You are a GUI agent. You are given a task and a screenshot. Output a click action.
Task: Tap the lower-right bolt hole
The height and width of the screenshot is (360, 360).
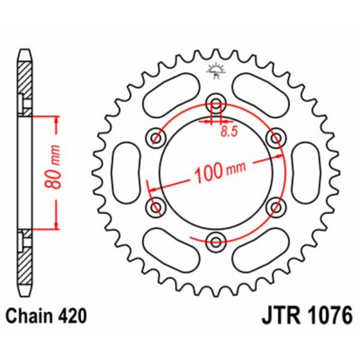[276, 207]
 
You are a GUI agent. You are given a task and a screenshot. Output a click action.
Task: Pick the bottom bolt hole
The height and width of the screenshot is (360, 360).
[216, 242]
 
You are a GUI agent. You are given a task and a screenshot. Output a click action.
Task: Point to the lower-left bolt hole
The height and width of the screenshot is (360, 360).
[157, 207]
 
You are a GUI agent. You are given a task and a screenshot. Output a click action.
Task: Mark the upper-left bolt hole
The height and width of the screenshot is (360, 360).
[157, 139]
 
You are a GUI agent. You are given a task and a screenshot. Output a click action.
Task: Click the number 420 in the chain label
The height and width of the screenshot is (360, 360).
[74, 316]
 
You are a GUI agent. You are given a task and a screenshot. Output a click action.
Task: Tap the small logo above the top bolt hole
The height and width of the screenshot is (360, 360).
[215, 70]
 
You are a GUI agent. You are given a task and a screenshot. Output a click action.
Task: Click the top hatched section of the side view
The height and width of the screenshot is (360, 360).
[24, 84]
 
